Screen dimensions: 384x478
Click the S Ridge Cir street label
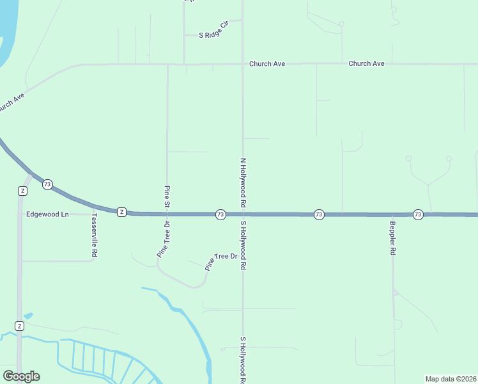[214, 35]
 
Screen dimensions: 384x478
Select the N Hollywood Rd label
[243, 182]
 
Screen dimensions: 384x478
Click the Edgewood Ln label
[47, 214]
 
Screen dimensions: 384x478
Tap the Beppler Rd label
[393, 239]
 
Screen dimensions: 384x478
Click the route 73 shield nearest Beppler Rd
[418, 214]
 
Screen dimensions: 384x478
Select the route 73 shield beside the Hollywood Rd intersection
[220, 214]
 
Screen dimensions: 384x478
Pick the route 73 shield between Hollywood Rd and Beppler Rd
[319, 214]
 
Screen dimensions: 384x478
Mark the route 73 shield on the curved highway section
[47, 184]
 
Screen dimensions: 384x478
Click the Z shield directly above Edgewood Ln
[23, 191]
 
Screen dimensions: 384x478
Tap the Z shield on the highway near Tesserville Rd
[121, 212]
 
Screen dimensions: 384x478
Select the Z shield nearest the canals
[20, 326]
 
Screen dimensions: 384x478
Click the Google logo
[21, 376]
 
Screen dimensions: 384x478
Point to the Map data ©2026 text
[451, 379]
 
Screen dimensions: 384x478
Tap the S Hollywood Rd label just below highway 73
[243, 245]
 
